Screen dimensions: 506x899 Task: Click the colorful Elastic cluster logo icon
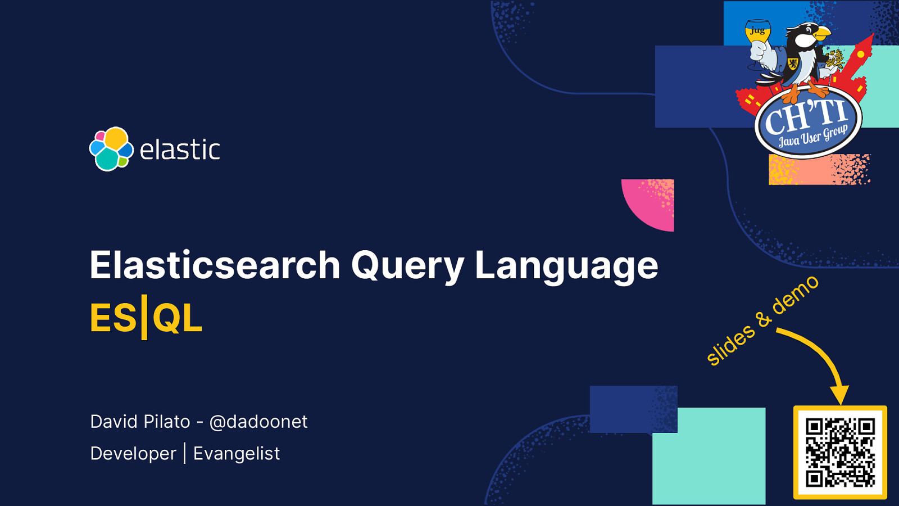111,149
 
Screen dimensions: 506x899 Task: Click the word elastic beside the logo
180,150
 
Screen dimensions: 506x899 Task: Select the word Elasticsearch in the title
215,265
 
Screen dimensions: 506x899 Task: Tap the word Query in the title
407,265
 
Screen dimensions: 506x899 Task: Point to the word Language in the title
566,265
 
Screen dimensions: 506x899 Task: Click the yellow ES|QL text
146,318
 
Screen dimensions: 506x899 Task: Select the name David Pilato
140,422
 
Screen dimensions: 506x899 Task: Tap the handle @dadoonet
258,422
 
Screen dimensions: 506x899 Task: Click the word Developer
133,454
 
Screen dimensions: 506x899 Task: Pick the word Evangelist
237,454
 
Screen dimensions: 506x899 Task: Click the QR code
840,452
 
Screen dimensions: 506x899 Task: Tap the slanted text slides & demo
762,320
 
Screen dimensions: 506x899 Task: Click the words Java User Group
812,137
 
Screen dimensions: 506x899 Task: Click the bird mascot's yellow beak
822,34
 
